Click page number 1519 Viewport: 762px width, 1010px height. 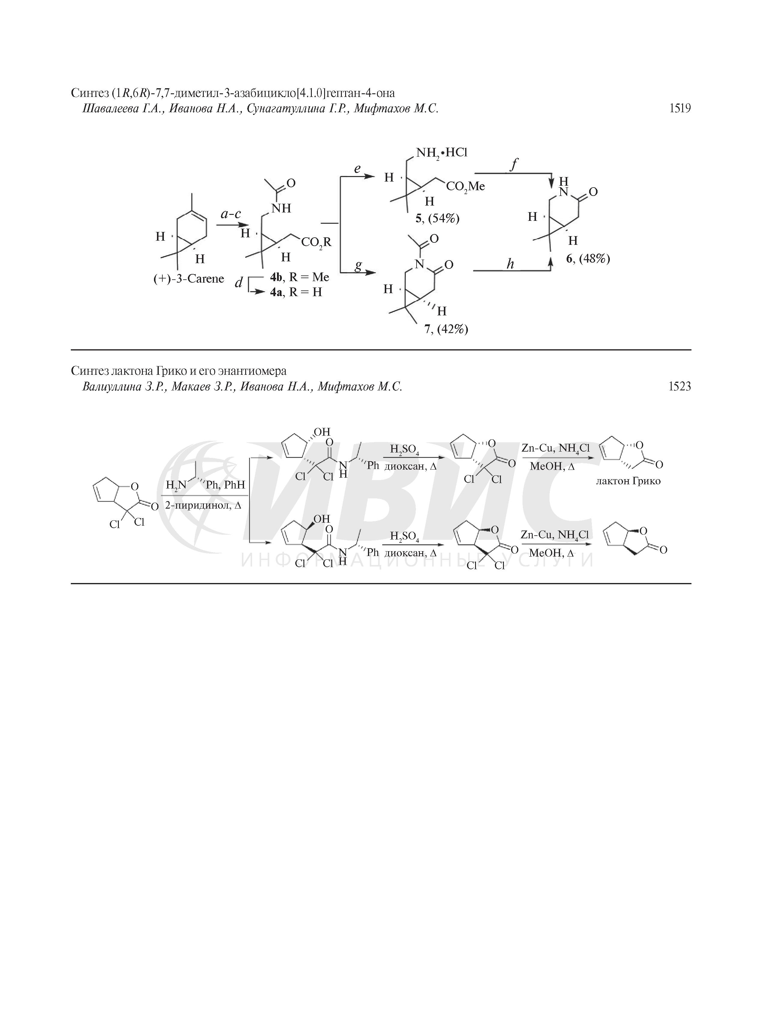(x=679, y=108)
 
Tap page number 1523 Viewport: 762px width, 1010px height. (x=679, y=386)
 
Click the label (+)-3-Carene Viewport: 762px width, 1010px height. (x=188, y=278)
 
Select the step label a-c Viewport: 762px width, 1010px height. (x=230, y=214)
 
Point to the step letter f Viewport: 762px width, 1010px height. (x=513, y=164)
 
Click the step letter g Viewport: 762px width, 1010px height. (x=358, y=265)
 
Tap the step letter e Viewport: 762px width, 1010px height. (x=357, y=169)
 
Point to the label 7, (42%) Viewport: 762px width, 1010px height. (x=446, y=329)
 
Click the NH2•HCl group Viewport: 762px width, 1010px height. (x=441, y=152)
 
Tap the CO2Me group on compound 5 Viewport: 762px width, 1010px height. (x=465, y=187)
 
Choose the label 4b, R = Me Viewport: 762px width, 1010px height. (x=300, y=277)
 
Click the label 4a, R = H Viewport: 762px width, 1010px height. (x=296, y=292)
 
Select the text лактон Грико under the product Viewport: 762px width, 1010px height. (x=628, y=481)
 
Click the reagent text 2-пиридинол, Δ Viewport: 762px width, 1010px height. (x=203, y=506)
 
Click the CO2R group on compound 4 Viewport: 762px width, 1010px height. (x=316, y=242)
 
